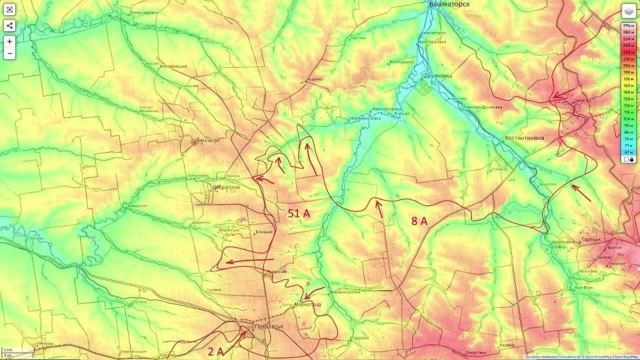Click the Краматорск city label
(x=451, y=4)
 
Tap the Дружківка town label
(x=437, y=75)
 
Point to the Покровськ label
(x=269, y=327)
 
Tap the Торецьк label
(x=587, y=239)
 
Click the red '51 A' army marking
(x=299, y=214)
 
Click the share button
(x=9, y=26)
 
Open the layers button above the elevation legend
(x=628, y=11)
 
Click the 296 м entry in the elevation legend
(x=628, y=25)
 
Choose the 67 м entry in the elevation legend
(x=628, y=151)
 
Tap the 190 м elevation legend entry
(x=628, y=72)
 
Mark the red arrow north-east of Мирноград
(x=315, y=292)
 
